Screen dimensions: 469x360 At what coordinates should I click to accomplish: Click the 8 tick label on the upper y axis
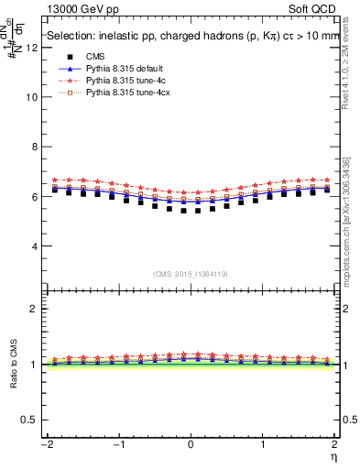(x=34, y=147)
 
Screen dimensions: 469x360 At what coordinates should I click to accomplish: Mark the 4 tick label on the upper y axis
(x=34, y=246)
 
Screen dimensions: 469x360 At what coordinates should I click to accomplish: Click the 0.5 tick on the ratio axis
(x=29, y=420)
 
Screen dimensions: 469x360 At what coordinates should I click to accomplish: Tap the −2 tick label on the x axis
(x=43, y=444)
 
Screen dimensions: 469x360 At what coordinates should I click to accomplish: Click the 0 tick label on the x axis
(x=191, y=444)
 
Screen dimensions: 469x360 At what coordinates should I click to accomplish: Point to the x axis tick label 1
(x=265, y=444)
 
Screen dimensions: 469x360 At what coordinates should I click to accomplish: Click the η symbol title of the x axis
(x=334, y=456)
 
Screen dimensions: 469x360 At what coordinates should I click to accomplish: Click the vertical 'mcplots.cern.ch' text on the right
(x=352, y=234)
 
